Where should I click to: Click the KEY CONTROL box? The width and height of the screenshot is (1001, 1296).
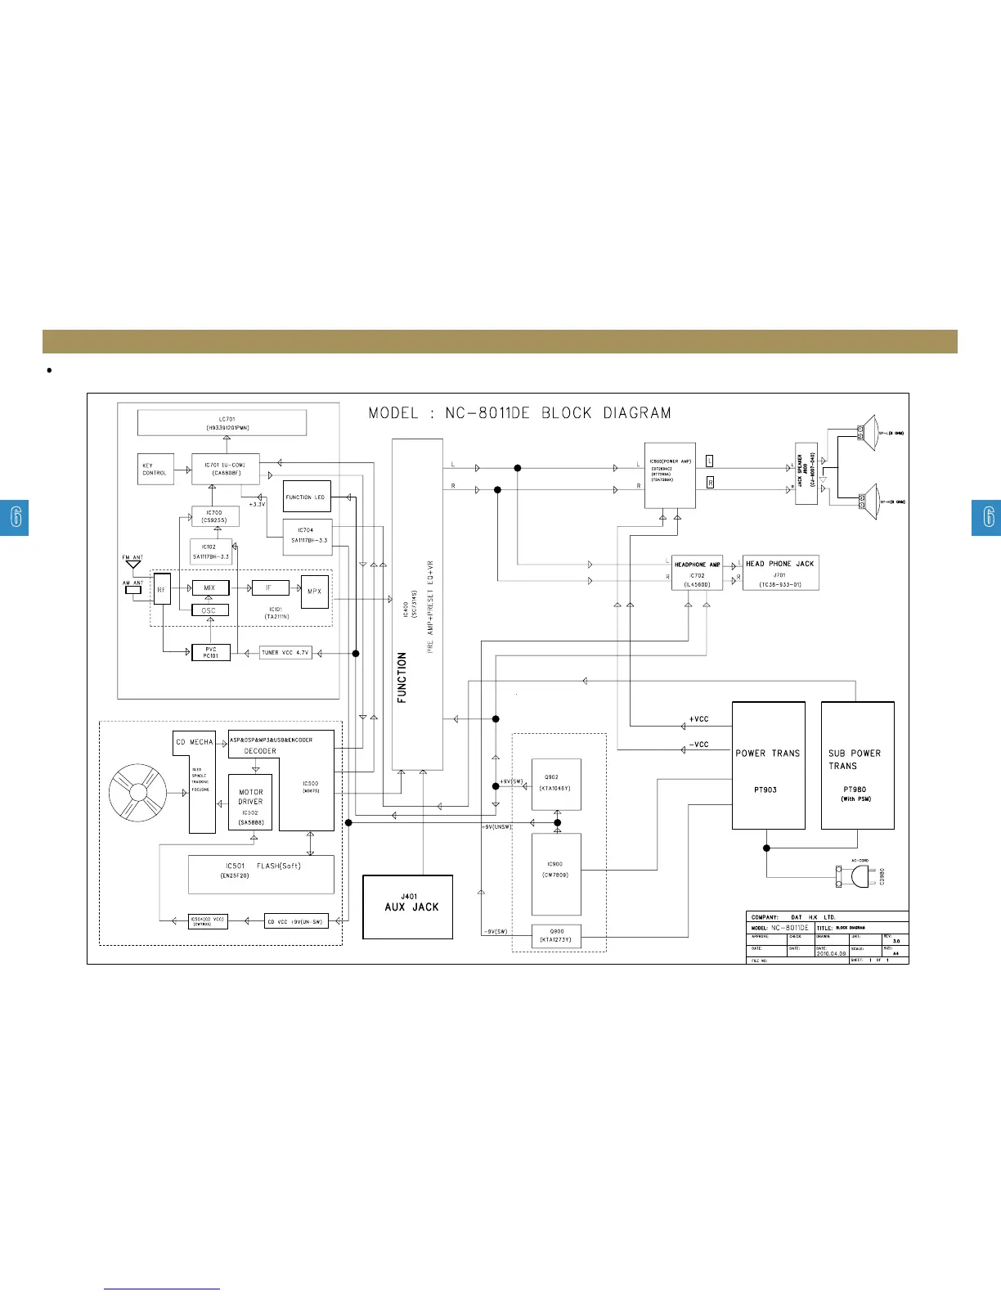tap(155, 469)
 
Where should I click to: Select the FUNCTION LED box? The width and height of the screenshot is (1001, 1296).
tap(307, 497)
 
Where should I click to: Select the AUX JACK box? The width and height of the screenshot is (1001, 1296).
tap(407, 907)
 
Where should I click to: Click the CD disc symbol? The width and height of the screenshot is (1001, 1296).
tap(137, 794)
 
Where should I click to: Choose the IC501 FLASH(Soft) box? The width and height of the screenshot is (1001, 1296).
tap(261, 875)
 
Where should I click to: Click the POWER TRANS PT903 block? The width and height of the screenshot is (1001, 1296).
tap(768, 765)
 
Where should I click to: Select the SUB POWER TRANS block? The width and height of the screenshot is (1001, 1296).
tap(857, 765)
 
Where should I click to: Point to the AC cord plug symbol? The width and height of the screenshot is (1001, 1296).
tap(856, 876)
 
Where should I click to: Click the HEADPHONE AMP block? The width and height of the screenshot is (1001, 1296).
tap(698, 574)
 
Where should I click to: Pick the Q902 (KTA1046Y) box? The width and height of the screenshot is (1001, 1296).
tap(555, 784)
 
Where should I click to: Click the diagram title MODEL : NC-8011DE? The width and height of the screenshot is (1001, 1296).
tap(519, 413)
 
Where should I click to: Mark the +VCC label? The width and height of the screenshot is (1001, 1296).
tap(698, 719)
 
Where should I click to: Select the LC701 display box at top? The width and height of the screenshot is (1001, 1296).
tap(222, 423)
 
